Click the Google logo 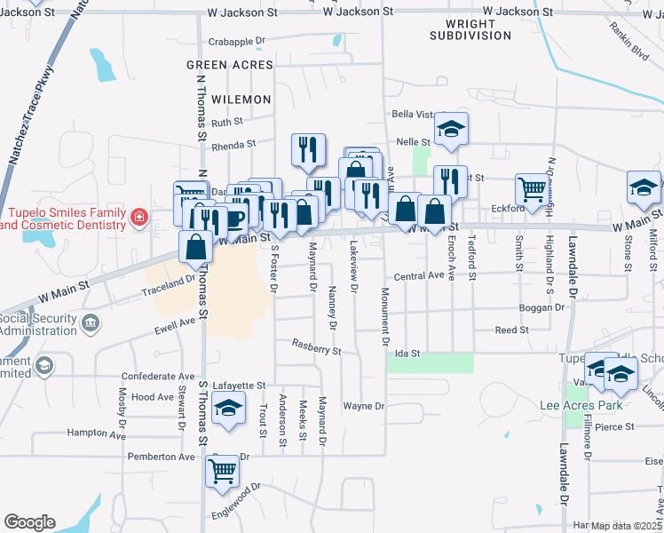click(29, 522)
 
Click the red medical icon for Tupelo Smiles click(138, 216)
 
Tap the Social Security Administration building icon click(90, 323)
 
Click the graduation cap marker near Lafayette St click(229, 410)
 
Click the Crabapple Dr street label click(237, 42)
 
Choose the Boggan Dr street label click(541, 307)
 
